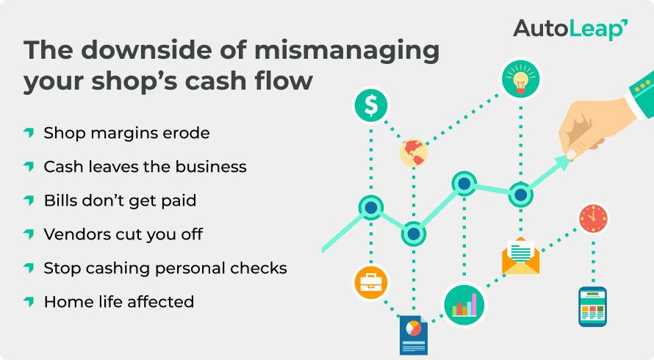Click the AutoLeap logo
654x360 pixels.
(569, 29)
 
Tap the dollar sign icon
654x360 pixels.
(371, 107)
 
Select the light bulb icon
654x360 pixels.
(520, 79)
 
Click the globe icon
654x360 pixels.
(414, 153)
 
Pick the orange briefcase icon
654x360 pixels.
(371, 284)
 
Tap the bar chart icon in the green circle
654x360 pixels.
(464, 303)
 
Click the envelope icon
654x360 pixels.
(520, 257)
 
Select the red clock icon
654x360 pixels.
(592, 218)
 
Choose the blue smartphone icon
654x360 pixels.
(592, 306)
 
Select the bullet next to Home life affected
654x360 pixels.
(29, 301)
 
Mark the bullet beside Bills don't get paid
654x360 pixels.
(29, 201)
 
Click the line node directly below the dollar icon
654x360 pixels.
(371, 208)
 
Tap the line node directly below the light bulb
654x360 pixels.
(520, 195)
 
